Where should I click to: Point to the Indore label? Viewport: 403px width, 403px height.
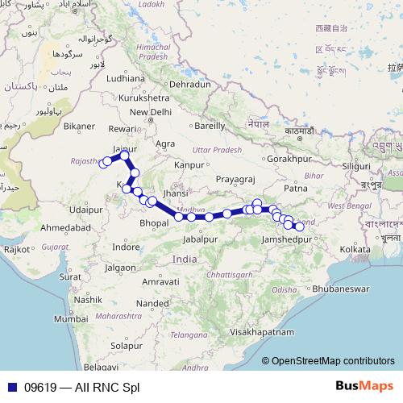tap(127, 247)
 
